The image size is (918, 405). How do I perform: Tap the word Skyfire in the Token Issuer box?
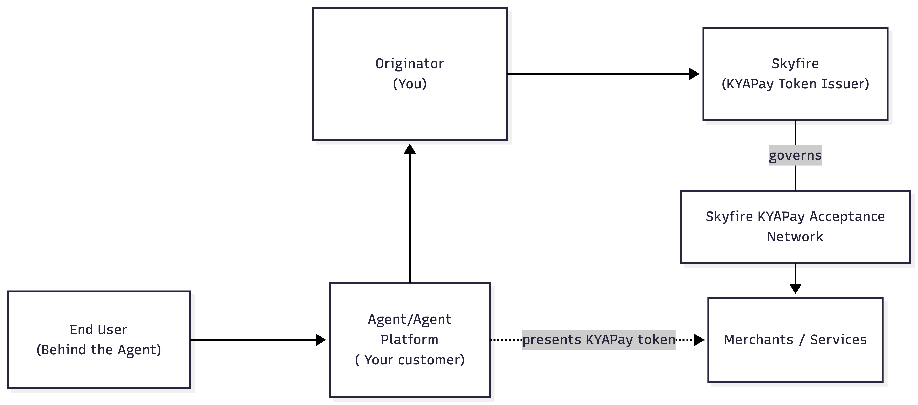pyautogui.click(x=795, y=64)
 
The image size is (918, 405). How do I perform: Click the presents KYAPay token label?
pyautogui.click(x=599, y=340)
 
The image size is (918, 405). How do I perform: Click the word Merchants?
pyautogui.click(x=759, y=340)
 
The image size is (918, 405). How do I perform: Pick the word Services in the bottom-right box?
pyautogui.click(x=838, y=340)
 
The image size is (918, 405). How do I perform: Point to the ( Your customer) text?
pyautogui.click(x=410, y=360)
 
